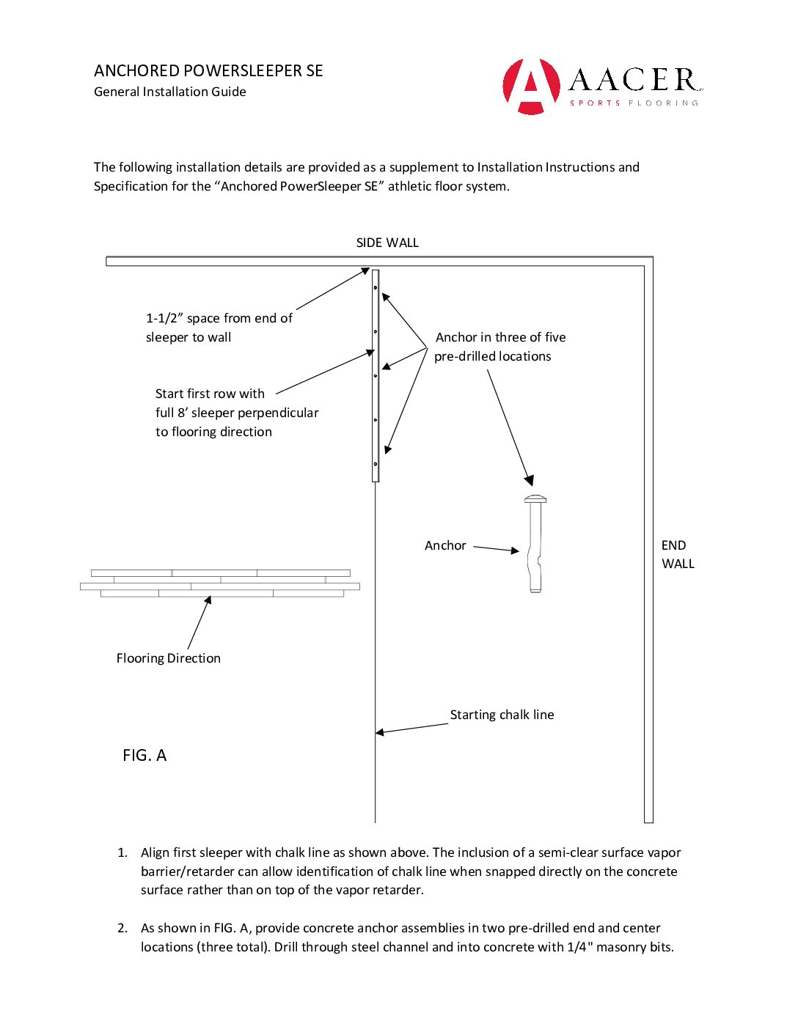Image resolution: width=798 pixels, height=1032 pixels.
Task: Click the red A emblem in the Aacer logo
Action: (x=530, y=86)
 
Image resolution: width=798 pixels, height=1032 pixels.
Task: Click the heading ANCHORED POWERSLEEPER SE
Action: (x=208, y=71)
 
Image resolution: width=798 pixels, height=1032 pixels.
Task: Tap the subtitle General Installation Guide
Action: (x=169, y=92)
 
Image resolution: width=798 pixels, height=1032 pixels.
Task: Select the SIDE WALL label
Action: (x=387, y=243)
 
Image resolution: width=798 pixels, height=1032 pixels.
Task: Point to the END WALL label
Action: (x=677, y=554)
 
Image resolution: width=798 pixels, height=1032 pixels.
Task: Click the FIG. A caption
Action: (x=144, y=756)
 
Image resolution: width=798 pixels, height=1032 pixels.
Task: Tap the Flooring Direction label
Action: (x=168, y=658)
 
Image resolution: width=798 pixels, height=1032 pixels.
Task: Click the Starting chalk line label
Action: (x=502, y=715)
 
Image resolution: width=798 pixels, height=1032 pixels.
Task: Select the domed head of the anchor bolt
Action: (x=535, y=500)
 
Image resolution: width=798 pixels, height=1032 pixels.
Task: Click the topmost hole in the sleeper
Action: (x=376, y=288)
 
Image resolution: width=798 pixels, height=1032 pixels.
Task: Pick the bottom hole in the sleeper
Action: (x=376, y=464)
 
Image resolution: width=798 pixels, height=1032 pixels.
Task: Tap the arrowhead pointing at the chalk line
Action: (x=380, y=731)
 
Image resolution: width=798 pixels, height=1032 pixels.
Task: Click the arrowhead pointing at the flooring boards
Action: (x=208, y=600)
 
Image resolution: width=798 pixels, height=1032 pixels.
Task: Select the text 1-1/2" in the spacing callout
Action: (x=164, y=318)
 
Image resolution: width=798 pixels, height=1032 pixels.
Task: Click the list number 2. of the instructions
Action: (x=122, y=928)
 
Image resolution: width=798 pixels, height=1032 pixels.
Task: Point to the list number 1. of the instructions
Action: (x=122, y=852)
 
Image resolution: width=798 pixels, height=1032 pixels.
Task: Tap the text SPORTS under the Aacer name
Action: (x=595, y=103)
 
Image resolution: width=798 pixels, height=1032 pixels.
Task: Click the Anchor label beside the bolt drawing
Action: (x=445, y=545)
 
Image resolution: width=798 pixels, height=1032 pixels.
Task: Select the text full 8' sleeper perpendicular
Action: (x=237, y=413)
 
